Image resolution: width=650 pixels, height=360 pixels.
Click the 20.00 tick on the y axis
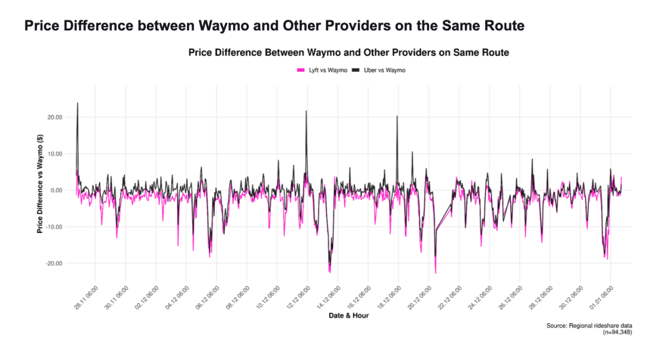55,117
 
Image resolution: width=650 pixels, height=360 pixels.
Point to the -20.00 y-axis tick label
54,263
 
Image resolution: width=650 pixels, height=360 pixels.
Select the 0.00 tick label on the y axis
57,190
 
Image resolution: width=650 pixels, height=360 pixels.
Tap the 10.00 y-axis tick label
55,154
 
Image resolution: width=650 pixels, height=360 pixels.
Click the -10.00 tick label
54,227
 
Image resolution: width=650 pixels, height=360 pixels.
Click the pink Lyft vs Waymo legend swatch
301,70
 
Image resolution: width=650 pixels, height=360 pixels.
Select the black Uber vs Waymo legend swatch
356,70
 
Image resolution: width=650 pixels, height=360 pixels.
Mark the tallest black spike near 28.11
78,103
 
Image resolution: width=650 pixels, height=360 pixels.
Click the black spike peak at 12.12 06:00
306,111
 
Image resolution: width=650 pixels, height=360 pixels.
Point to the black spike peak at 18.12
397,116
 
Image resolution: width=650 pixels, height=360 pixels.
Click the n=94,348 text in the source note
619,332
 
